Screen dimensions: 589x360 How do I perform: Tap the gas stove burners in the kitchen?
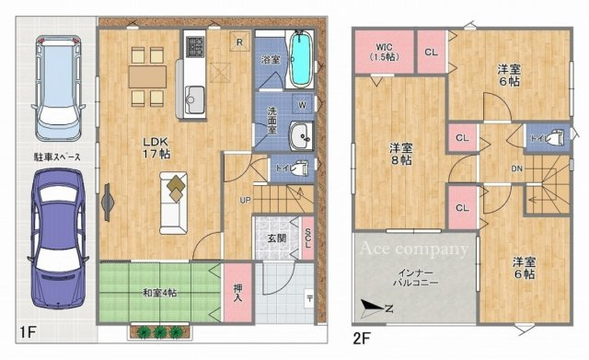[194, 47]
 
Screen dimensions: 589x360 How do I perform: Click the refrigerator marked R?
[239, 42]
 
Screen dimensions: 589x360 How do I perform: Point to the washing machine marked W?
[303, 105]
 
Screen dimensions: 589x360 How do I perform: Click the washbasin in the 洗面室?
[301, 136]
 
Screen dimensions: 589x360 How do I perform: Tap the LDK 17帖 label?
[156, 147]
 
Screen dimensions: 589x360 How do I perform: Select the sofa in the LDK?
[173, 203]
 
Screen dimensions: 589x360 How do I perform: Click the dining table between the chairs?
[147, 77]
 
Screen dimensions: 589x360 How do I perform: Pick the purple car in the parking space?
[58, 238]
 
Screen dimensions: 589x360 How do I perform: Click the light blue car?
[58, 88]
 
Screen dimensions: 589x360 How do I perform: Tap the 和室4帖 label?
[159, 293]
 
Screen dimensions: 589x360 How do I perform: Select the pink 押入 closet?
[237, 293]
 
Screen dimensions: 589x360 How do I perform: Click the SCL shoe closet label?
[307, 238]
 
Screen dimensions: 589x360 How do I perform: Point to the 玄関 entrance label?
[277, 238]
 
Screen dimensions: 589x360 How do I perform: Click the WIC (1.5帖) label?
[385, 52]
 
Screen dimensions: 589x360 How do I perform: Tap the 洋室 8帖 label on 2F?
[400, 154]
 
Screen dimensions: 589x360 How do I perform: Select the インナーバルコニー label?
[415, 278]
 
